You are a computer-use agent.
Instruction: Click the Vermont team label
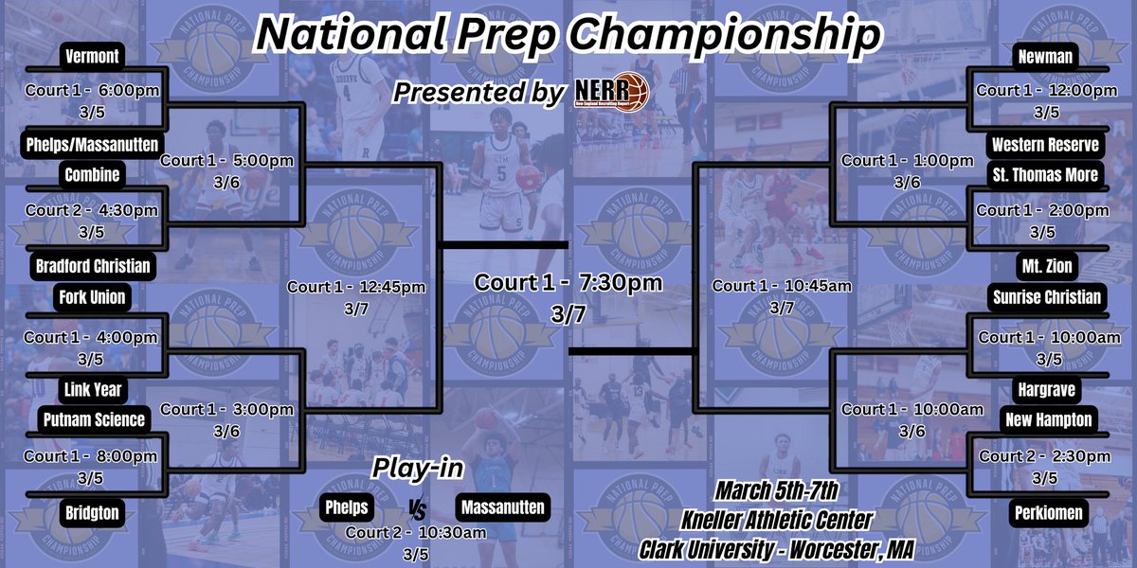pos(92,56)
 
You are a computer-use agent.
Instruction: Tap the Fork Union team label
pos(92,297)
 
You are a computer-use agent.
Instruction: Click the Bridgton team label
pos(92,512)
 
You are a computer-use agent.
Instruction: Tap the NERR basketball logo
pos(612,92)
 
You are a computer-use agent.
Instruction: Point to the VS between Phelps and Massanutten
pos(417,509)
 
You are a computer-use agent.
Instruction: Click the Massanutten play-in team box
pos(501,507)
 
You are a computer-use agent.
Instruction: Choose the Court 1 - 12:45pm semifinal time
pos(356,286)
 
